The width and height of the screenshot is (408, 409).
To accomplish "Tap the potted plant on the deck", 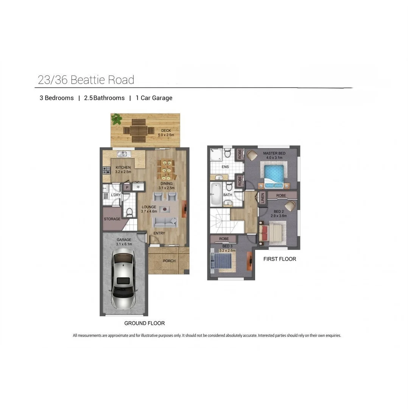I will click(x=116, y=119).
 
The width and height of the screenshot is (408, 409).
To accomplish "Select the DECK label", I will click(x=166, y=131).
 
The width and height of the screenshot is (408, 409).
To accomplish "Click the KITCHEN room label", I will click(x=123, y=167).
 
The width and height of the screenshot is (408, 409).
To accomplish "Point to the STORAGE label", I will click(x=112, y=219).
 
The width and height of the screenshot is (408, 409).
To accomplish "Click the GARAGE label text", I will click(x=124, y=240).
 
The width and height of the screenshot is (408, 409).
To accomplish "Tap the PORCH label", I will click(x=169, y=261).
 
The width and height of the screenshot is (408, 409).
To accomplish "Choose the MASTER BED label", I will click(x=274, y=153).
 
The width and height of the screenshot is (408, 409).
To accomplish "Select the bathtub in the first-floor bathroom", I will click(x=216, y=194).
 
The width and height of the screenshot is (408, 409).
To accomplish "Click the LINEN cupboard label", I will click(x=262, y=198).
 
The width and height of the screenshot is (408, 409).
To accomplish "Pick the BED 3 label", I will click(x=229, y=246).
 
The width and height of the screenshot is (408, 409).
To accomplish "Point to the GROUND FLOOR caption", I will click(x=144, y=323).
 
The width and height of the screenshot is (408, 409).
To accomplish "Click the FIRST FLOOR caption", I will click(x=279, y=259).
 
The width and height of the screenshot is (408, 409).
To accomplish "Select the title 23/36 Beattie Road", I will click(x=86, y=80).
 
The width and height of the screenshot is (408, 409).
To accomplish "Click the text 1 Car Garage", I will click(x=154, y=98).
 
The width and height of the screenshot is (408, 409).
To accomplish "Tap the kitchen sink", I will click(x=124, y=154).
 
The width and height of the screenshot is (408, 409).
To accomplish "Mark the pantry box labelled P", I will click(x=127, y=187).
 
